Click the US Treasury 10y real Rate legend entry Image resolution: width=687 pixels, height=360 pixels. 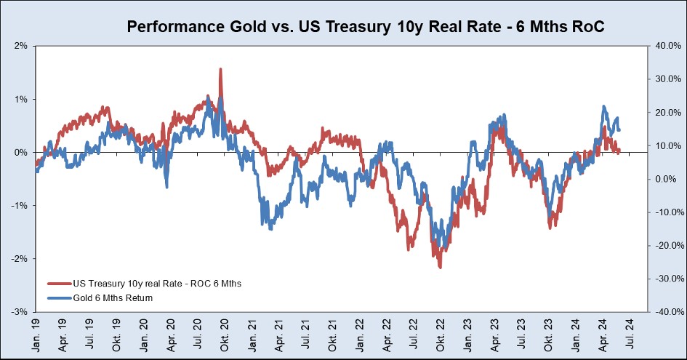(x=156, y=284)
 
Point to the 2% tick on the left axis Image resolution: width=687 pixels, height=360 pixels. (x=19, y=46)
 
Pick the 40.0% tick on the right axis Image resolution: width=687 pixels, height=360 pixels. (x=667, y=46)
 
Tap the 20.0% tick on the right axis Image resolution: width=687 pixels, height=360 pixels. (x=667, y=113)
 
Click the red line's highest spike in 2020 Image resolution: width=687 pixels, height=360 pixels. (x=220, y=70)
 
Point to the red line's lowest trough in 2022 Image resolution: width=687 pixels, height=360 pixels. (x=440, y=267)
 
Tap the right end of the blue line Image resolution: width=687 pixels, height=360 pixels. (x=619, y=129)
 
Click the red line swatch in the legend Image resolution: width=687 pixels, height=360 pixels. (x=58, y=284)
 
